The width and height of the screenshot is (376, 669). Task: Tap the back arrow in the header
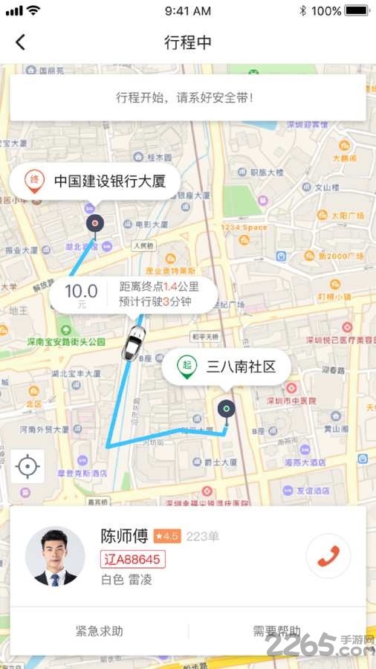[20, 42]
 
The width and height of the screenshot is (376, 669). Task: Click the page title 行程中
[188, 42]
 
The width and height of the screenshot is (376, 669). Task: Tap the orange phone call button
[328, 557]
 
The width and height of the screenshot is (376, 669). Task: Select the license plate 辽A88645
[133, 559]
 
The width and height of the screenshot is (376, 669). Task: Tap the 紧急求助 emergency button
[100, 632]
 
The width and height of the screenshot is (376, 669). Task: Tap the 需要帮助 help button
[276, 632]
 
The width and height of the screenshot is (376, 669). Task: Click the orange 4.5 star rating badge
[167, 536]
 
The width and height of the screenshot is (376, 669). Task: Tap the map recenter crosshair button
[27, 467]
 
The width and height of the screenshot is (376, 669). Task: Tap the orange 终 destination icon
[33, 180]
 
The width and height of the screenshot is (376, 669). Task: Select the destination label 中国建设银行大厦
[108, 181]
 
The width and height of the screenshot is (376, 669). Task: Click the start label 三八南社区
[241, 366]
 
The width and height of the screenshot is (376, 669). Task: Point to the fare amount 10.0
[81, 291]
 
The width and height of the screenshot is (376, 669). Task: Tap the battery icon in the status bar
[357, 11]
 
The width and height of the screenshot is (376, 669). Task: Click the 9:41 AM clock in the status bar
[188, 11]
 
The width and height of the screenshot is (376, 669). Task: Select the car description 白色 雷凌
[126, 580]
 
